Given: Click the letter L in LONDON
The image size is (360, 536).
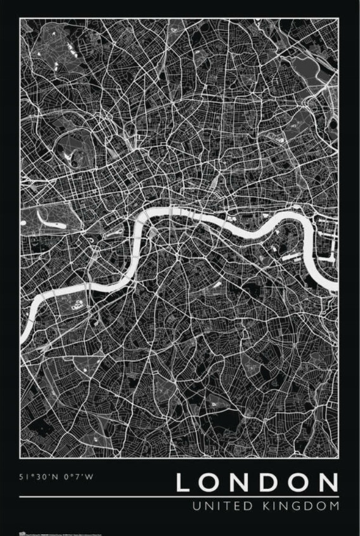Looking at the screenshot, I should (x=183, y=483).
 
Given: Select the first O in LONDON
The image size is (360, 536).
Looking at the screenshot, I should (x=210, y=483).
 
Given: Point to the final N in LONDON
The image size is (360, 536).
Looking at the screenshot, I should (x=327, y=483).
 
